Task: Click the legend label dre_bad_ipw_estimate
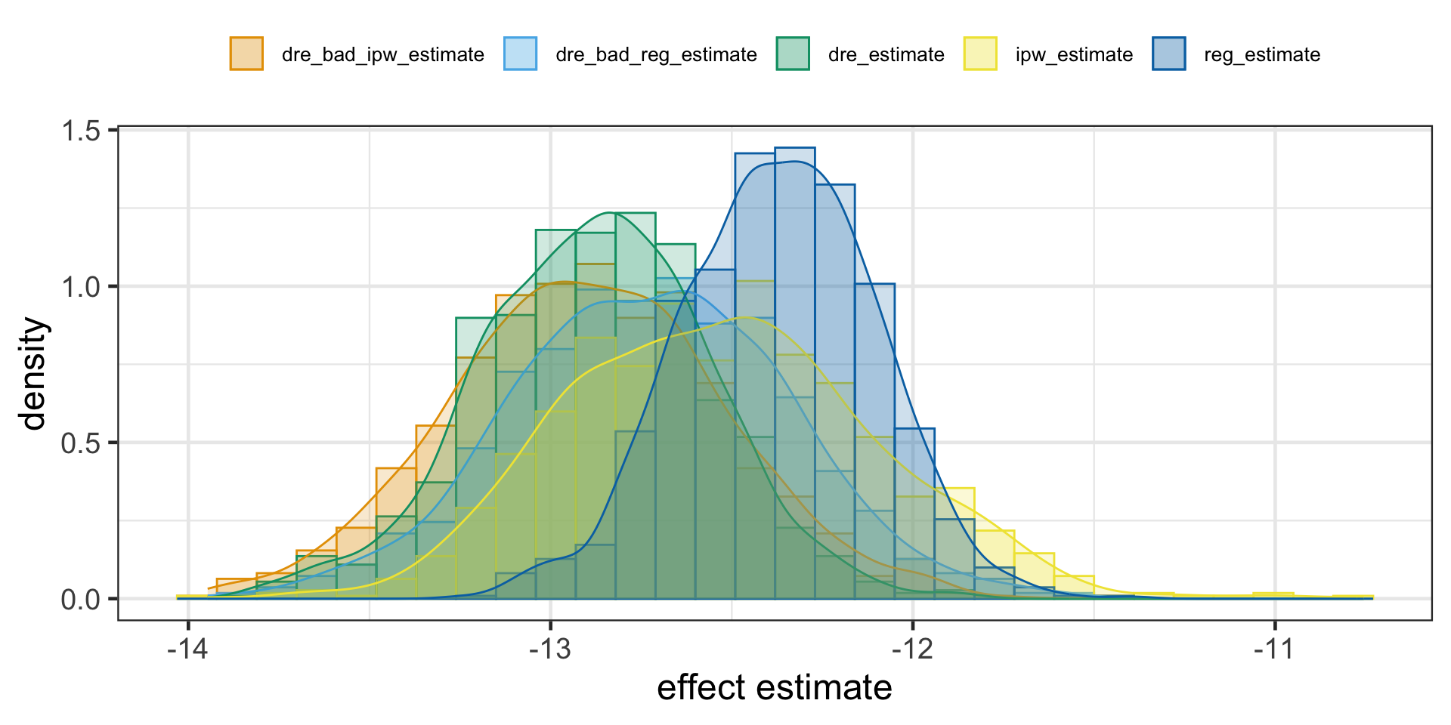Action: point(382,55)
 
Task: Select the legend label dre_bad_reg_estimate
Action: point(656,55)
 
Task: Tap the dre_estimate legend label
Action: point(886,55)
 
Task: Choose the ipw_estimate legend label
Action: point(1074,55)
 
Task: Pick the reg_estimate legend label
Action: point(1261,55)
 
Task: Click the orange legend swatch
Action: point(246,54)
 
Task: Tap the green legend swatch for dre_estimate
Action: point(793,54)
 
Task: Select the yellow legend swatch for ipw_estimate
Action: point(980,54)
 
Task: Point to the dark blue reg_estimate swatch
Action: point(1168,54)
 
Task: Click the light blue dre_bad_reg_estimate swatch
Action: point(520,54)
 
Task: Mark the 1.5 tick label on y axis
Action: point(82,131)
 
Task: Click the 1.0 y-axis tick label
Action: point(82,288)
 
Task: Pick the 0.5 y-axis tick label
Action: point(82,443)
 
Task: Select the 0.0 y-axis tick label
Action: point(82,600)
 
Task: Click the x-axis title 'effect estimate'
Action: point(775,688)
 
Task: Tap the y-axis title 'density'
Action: point(35,374)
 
